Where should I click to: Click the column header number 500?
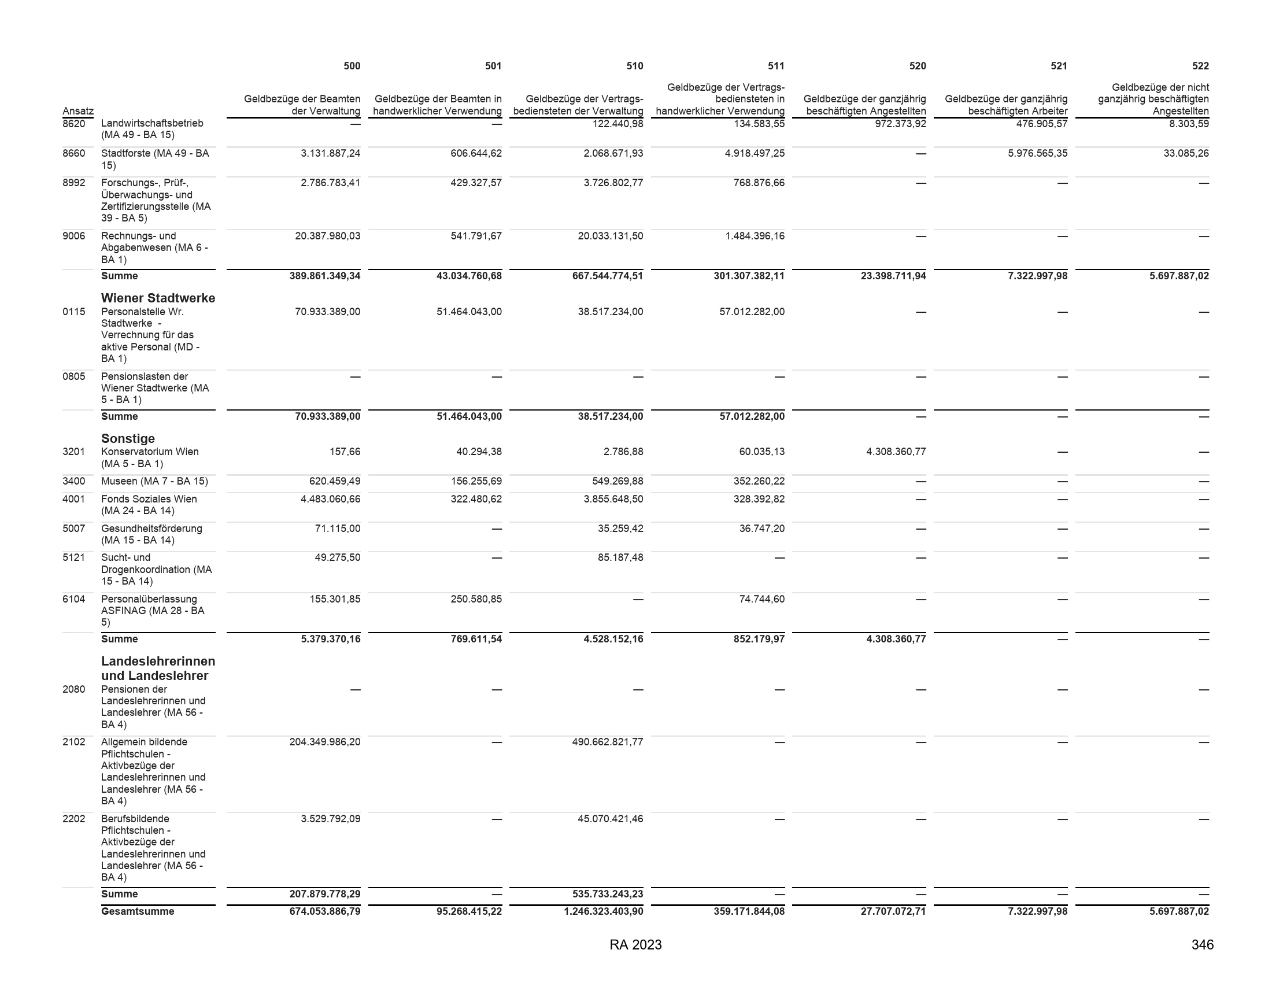pyautogui.click(x=351, y=66)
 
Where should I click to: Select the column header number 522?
pyautogui.click(x=1200, y=66)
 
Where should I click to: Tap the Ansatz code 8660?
pyautogui.click(x=73, y=153)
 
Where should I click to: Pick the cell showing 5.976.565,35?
pyautogui.click(x=1037, y=153)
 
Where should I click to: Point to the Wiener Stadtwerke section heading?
pyautogui.click(x=158, y=298)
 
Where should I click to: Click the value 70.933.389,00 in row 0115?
pyautogui.click(x=327, y=312)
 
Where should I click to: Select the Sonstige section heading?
pyautogui.click(x=128, y=438)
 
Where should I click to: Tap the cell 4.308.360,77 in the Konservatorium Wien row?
pyautogui.click(x=896, y=452)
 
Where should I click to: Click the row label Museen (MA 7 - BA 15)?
pyautogui.click(x=154, y=481)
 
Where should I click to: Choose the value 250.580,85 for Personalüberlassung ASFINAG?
pyautogui.click(x=476, y=598)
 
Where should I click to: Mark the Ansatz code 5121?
pyautogui.click(x=73, y=557)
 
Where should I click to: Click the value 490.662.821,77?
pyautogui.click(x=608, y=742)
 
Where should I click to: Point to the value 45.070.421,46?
pyautogui.click(x=611, y=818)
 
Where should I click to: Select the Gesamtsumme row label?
pyautogui.click(x=138, y=911)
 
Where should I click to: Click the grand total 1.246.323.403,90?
pyautogui.click(x=604, y=911)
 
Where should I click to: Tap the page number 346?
pyautogui.click(x=1202, y=945)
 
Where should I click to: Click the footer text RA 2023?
pyautogui.click(x=635, y=945)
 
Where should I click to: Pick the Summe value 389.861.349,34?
pyautogui.click(x=324, y=275)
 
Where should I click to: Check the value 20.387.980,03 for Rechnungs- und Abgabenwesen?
pyautogui.click(x=327, y=236)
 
